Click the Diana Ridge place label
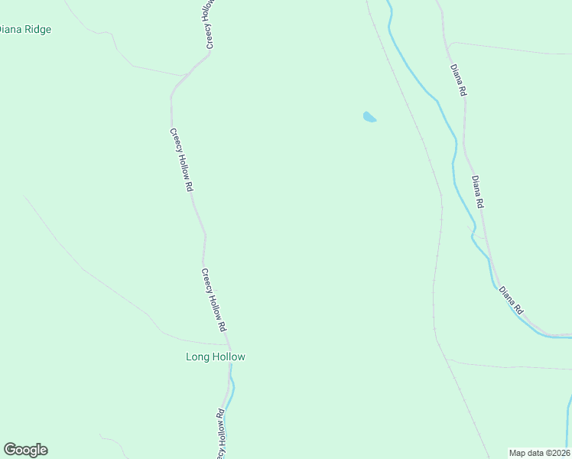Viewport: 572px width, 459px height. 25,30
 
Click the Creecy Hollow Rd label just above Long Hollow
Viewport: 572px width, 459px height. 214,299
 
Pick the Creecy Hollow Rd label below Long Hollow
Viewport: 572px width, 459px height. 220,435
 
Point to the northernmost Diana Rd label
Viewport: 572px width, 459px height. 458,80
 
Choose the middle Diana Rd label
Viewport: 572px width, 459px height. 479,193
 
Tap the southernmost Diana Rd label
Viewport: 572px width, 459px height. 511,301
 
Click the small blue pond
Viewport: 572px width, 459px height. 369,117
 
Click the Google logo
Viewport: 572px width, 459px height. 25,450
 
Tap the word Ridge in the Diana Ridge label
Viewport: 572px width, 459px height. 37,30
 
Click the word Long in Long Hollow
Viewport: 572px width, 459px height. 197,357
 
